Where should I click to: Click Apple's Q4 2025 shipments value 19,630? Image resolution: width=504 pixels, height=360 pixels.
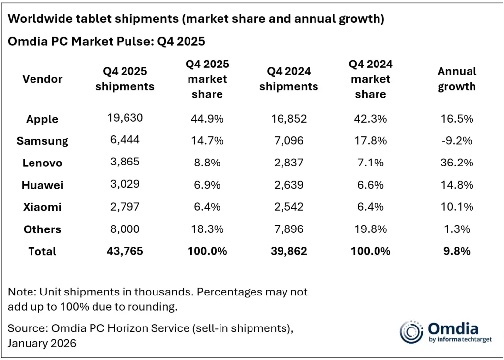(x=125, y=118)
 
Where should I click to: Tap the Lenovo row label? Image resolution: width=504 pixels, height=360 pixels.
(x=42, y=163)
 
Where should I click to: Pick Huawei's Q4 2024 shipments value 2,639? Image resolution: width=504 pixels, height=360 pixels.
(x=288, y=185)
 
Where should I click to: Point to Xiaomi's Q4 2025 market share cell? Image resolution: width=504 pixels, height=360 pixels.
(x=207, y=207)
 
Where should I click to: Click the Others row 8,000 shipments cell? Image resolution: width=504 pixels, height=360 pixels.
(x=125, y=229)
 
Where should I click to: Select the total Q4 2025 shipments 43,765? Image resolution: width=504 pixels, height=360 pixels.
(x=125, y=251)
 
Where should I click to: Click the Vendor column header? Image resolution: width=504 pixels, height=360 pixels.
(x=42, y=79)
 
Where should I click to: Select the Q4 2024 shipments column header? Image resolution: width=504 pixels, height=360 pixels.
(x=288, y=79)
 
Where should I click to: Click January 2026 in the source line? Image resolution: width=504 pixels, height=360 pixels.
(x=42, y=343)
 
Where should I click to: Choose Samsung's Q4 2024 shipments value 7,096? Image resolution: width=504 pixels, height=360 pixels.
(x=288, y=141)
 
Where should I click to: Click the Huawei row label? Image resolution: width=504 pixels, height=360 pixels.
(x=42, y=185)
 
